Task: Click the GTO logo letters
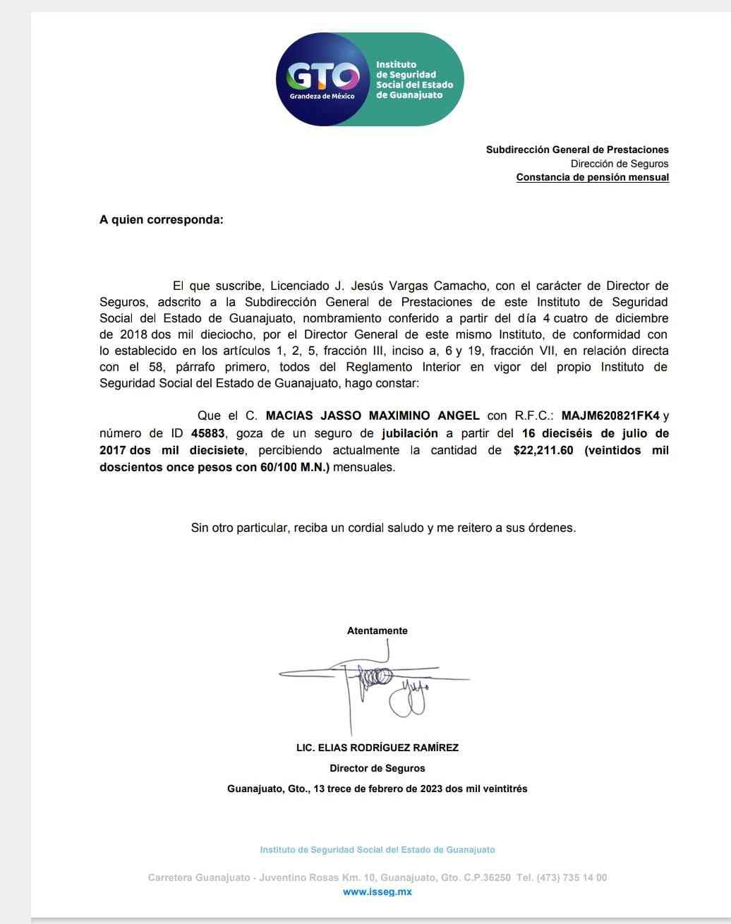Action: coord(322,75)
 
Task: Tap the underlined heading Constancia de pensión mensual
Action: coord(592,177)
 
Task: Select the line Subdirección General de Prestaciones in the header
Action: coord(577,150)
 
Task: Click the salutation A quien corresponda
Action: coord(161,219)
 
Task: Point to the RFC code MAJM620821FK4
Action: coord(610,416)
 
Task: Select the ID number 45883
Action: coord(213,433)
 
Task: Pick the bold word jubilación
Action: coord(410,433)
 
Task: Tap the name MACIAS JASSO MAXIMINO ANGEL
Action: coord(373,416)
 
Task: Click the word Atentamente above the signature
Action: coord(377,631)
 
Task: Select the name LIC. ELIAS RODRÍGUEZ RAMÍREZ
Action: coord(377,748)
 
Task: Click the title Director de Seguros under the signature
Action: coord(377,768)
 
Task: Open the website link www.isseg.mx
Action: coord(377,892)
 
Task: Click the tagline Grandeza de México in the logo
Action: coord(322,96)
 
